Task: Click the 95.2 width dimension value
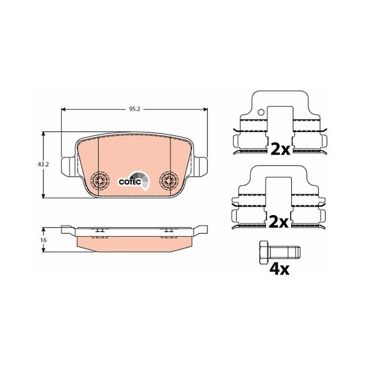(135, 109)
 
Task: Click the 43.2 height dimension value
(43, 165)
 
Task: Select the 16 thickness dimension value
(43, 240)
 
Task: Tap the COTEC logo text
(130, 182)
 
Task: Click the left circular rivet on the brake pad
(100, 180)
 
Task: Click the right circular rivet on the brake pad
(169, 180)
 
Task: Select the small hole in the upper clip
(261, 112)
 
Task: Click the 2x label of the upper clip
(281, 149)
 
